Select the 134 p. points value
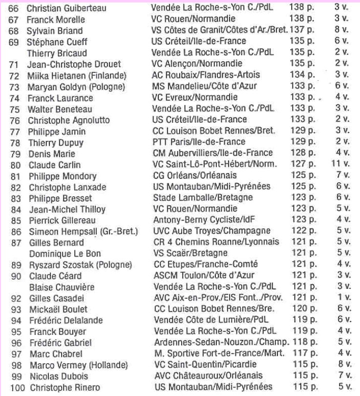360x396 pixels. click(x=299, y=75)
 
